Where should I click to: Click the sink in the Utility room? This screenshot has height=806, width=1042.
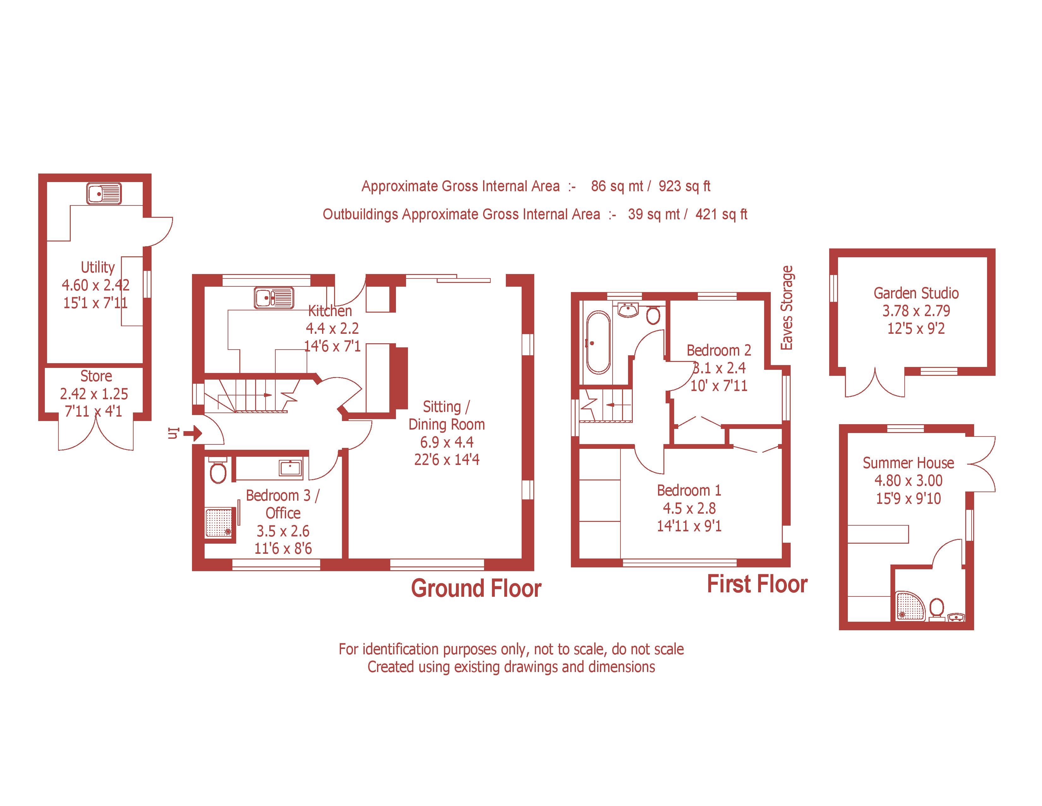tap(104, 194)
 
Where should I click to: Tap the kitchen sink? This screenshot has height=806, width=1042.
tap(273, 298)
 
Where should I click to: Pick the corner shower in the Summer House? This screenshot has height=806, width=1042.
tap(910, 606)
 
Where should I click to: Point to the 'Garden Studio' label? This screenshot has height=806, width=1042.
tap(916, 293)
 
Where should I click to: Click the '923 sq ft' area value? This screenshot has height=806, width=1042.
tap(684, 186)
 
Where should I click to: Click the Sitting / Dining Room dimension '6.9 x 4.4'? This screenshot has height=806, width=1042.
tap(446, 442)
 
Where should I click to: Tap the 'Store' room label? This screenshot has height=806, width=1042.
tap(96, 376)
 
